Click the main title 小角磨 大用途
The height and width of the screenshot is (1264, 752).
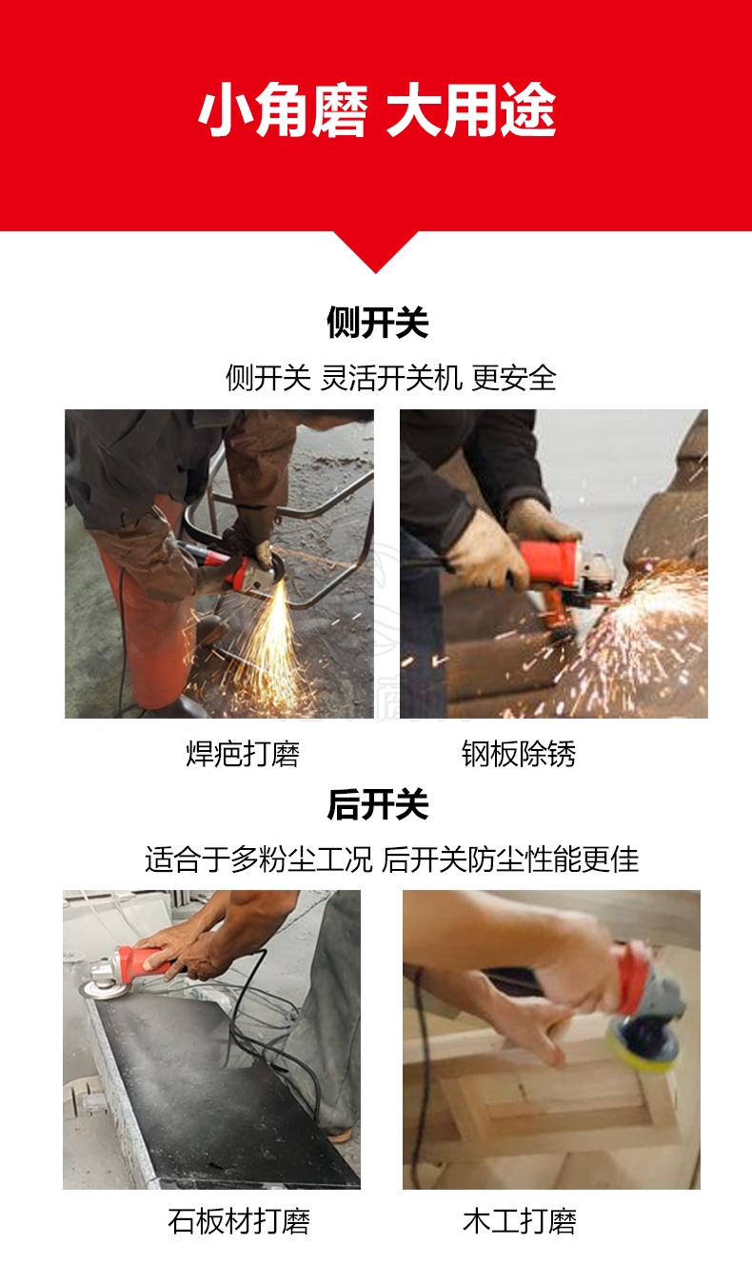377,110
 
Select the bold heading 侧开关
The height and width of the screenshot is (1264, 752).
377,323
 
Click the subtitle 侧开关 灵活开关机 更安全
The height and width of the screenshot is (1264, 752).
391,378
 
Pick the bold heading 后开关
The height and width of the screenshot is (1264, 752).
377,804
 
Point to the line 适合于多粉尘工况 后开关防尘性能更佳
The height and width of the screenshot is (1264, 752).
391,860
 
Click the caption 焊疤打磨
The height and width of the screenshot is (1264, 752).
243,754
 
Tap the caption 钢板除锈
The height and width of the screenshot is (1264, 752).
519,754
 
